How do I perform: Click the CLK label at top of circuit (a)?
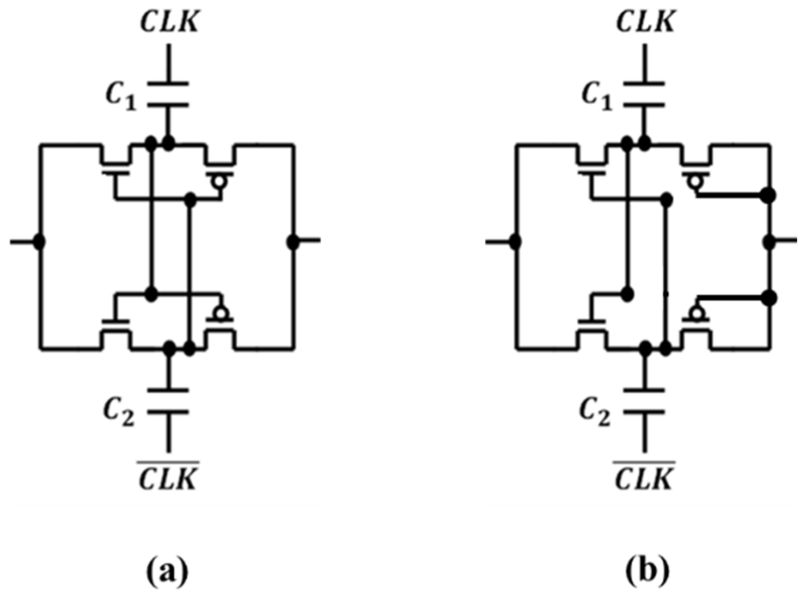tap(169, 22)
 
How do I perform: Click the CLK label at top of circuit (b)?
tap(645, 22)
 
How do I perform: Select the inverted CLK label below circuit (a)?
tap(169, 477)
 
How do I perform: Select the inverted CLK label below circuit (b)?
tap(645, 477)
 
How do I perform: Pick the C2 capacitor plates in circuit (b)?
tap(645, 401)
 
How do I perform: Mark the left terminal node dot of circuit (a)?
tap(39, 242)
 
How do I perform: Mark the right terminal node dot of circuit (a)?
tap(294, 242)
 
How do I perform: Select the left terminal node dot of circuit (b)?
tap(515, 242)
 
